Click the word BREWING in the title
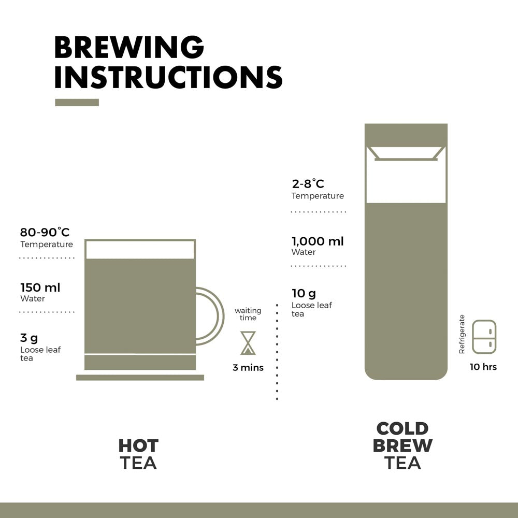129,48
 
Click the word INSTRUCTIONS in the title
168,77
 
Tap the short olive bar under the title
77,103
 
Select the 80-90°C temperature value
45,232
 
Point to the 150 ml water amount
40,287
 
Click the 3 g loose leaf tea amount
29,338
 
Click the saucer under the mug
140,377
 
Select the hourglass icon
248,343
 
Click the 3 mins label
248,368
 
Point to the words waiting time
248,314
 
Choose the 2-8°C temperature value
308,184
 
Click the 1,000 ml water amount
317,241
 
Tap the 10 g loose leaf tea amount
304,294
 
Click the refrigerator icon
483,338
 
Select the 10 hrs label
483,367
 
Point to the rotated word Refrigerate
462,334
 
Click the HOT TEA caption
138,454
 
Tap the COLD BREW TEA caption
402,445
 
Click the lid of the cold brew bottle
406,134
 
